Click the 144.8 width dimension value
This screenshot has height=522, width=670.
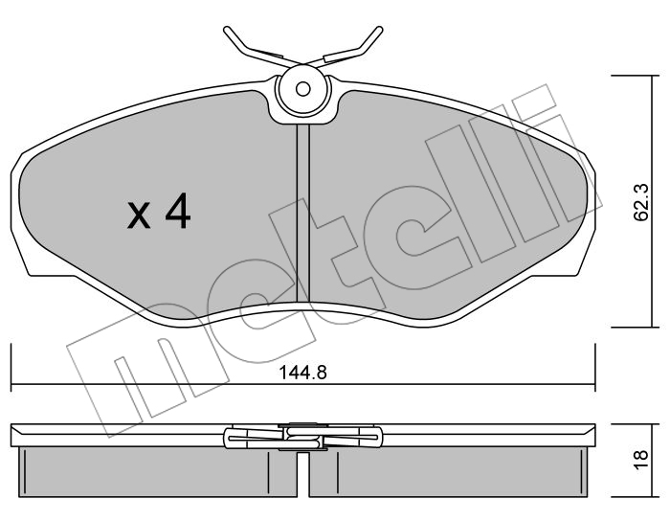click(x=303, y=373)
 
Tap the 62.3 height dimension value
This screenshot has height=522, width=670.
click(x=641, y=202)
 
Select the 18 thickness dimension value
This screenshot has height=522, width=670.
click(x=641, y=460)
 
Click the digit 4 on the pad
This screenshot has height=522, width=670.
click(x=178, y=211)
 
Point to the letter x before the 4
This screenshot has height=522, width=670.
click(x=140, y=216)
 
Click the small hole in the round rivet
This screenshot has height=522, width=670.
click(x=303, y=89)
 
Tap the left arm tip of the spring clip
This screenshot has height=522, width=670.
click(x=226, y=31)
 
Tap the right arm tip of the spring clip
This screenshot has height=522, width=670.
click(x=379, y=30)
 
